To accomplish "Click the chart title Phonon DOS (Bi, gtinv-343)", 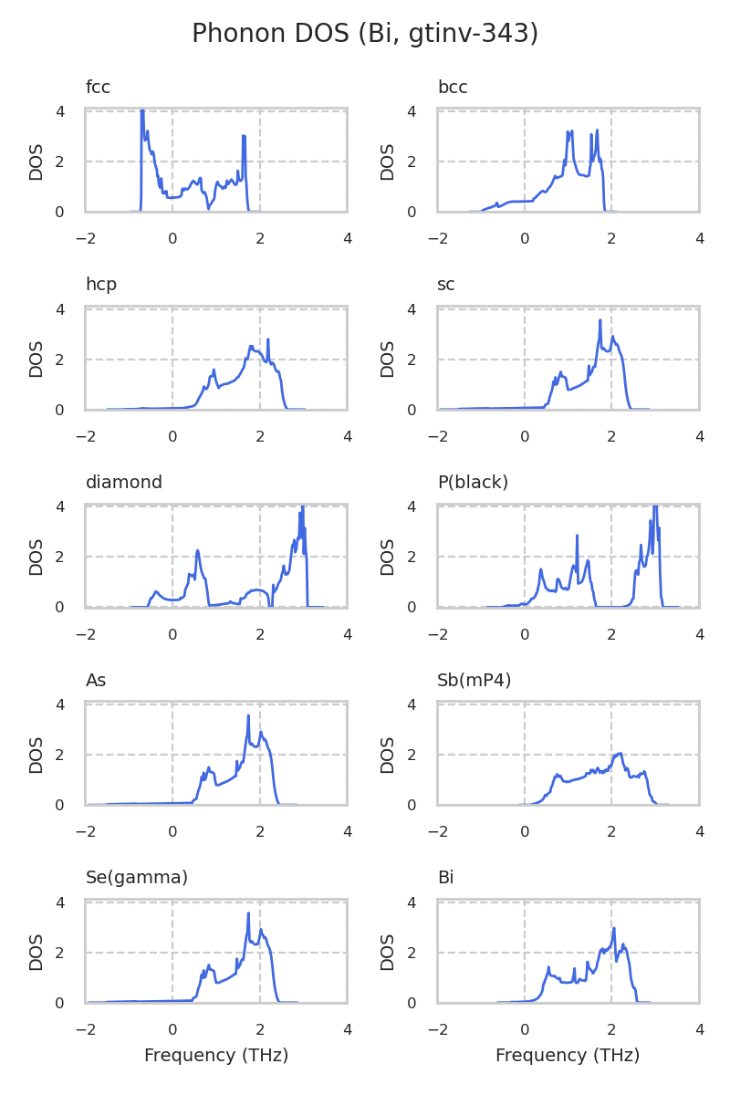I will coord(365,34).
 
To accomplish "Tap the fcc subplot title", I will coord(98,88).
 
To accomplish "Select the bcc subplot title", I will coord(453,88).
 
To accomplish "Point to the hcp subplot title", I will coord(101,285).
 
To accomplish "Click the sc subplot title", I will coord(446,285).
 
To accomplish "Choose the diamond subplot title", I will coord(124,483).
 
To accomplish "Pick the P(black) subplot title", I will coord(473,483).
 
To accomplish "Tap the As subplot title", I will coord(96,681).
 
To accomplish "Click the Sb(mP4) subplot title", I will coord(474,681).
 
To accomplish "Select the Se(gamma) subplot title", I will coord(137,878).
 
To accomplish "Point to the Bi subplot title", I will coord(445,878).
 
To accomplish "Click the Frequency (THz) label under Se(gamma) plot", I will coord(216,1056).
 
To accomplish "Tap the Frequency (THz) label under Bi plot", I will coord(568,1056).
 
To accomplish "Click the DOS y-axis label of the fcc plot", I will coord(36,162).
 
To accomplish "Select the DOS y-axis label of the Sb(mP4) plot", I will coord(389,755).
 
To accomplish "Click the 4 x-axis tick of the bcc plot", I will coord(699,239).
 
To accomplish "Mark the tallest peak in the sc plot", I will coord(600,320).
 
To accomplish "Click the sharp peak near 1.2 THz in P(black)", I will coord(577,537).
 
